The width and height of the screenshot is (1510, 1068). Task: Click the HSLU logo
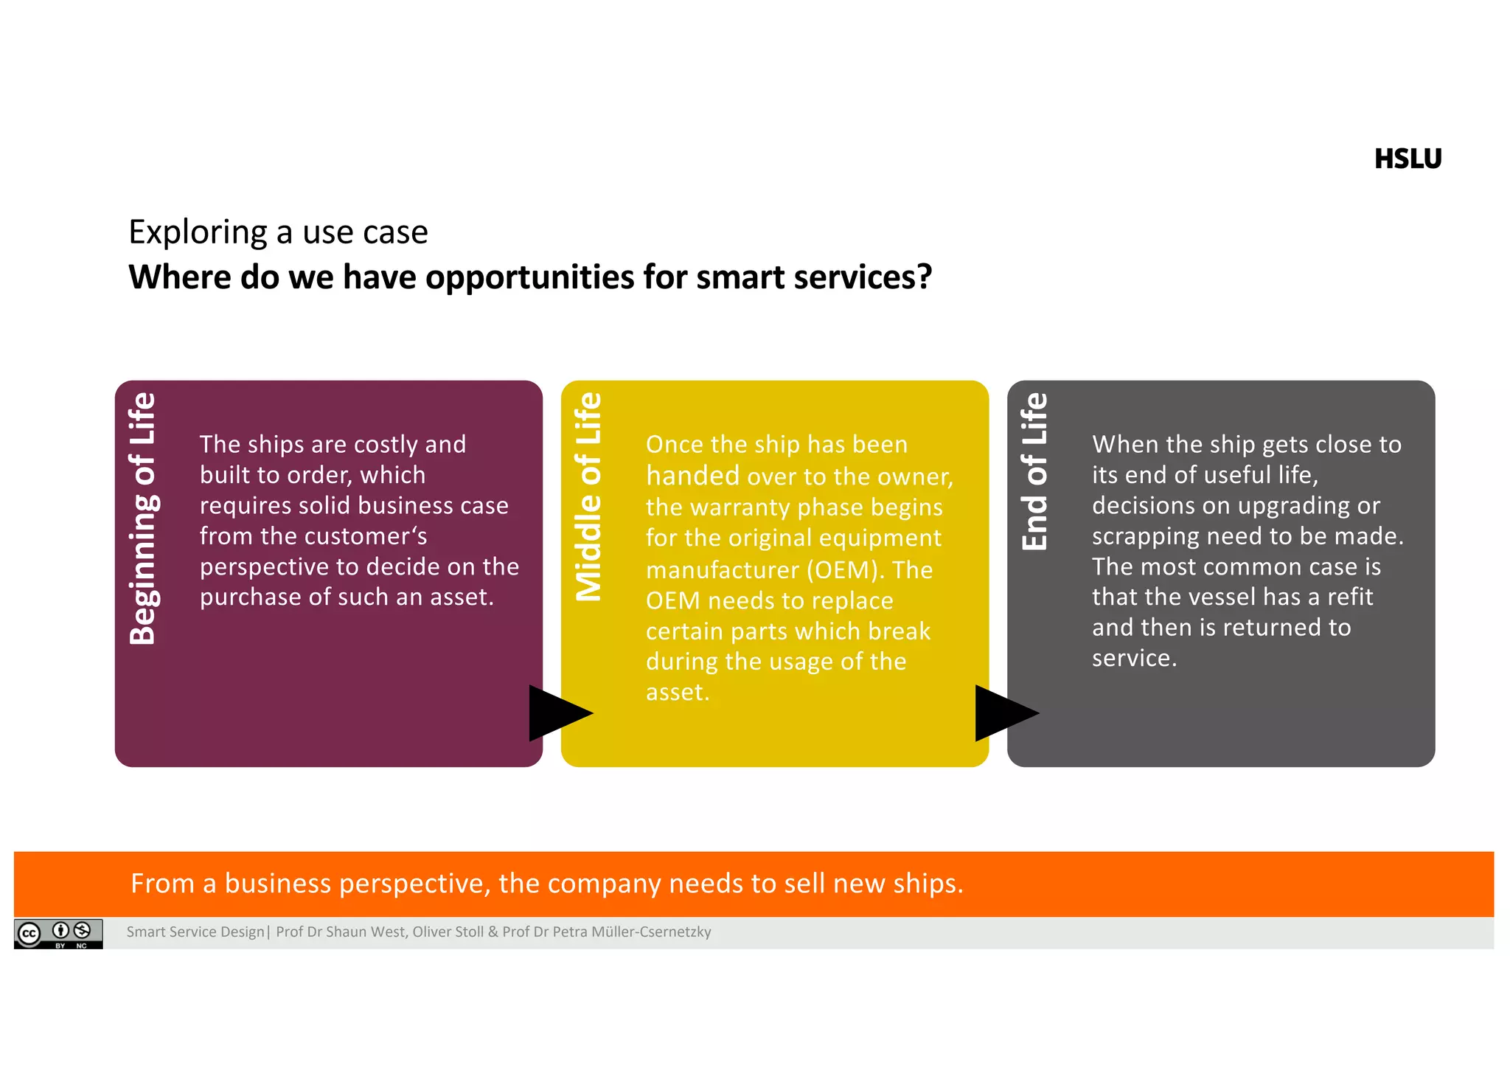tap(1407, 159)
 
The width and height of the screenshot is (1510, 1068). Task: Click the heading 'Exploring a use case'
tap(278, 232)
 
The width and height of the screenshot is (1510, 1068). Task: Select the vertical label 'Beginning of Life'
tap(142, 519)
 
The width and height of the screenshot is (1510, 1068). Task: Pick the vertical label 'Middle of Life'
tap(588, 496)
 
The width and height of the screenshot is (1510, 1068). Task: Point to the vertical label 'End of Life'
tap(1034, 471)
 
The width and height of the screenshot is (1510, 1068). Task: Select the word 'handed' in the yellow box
tap(692, 476)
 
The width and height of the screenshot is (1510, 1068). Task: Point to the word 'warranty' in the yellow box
tap(741, 507)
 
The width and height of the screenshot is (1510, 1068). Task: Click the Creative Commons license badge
tap(58, 933)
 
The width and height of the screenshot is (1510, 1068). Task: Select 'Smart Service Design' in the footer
tap(195, 932)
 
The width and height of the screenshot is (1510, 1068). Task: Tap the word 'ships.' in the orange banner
tap(928, 884)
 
